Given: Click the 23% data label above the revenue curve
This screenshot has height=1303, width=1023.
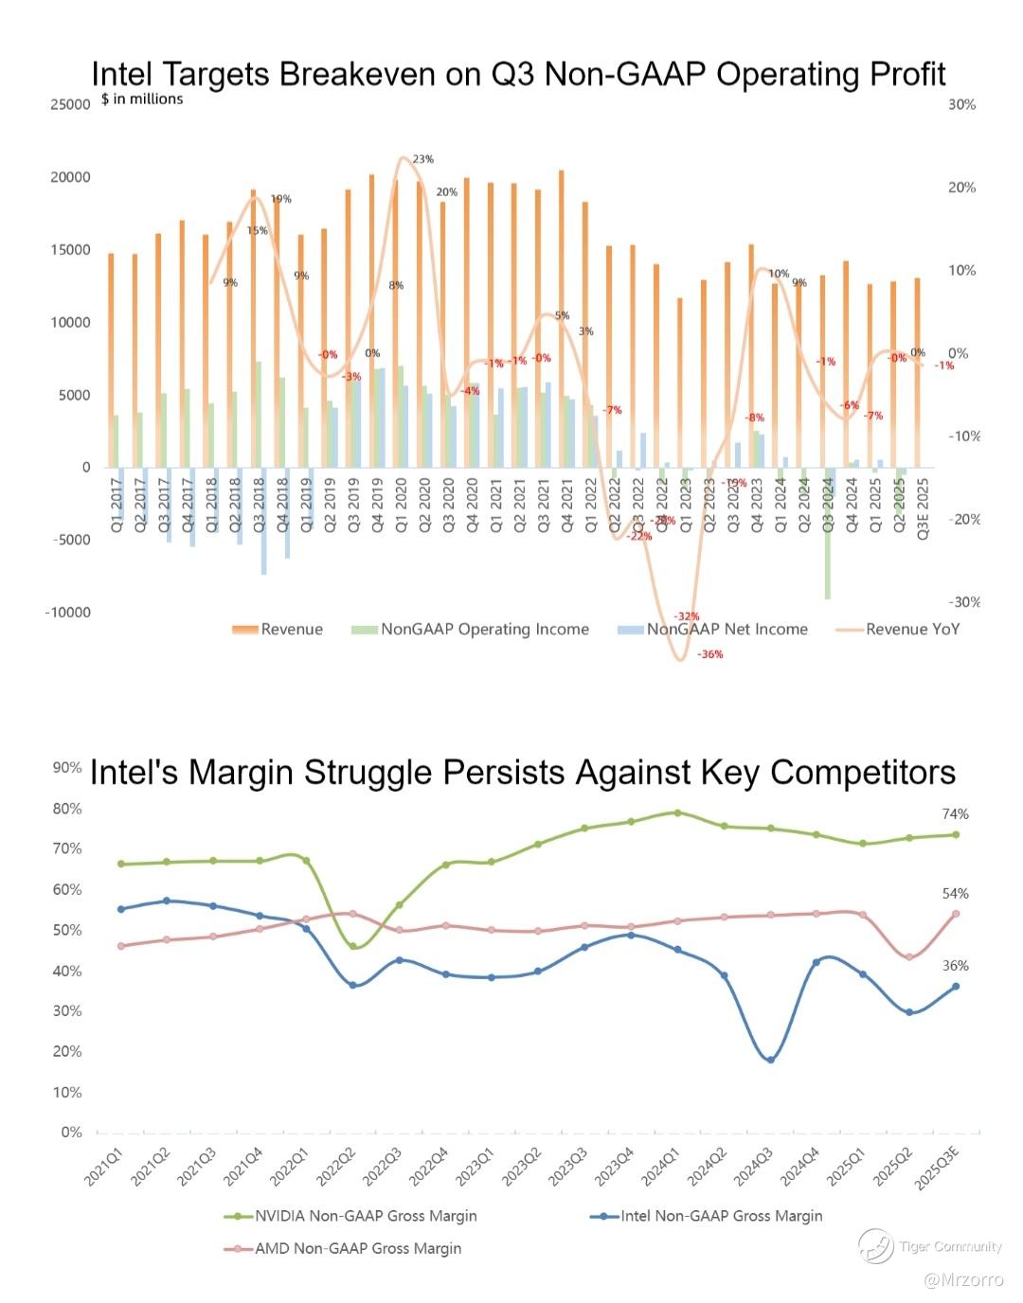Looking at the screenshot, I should coord(423,159).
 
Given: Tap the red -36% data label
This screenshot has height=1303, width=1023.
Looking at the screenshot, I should coord(709,654).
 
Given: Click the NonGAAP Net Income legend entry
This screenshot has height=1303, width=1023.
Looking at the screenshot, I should coord(727,630).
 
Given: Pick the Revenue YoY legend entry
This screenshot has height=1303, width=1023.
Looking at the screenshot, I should coord(911,630).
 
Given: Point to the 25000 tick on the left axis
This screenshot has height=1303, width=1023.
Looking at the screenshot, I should coord(70,104).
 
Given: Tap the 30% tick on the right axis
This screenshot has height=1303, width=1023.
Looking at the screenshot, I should coord(961,104).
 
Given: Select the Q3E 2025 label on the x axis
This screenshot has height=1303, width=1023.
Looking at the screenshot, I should coord(923,511).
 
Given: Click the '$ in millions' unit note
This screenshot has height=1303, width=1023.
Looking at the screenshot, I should coord(142,99).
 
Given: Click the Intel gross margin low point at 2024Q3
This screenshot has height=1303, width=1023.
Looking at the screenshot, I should coord(770,1060).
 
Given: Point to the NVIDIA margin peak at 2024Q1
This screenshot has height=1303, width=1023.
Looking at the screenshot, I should coord(677,812).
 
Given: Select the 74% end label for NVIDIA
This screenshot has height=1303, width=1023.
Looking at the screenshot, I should coord(955,814).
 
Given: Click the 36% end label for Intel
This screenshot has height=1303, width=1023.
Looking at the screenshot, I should coord(955,966).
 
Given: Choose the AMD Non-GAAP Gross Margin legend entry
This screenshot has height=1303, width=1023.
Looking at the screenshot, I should coord(357,1248).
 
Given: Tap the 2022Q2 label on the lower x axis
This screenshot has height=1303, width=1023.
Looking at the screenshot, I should coord(336,1162).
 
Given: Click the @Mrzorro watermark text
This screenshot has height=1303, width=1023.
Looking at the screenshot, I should coord(962,1280).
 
